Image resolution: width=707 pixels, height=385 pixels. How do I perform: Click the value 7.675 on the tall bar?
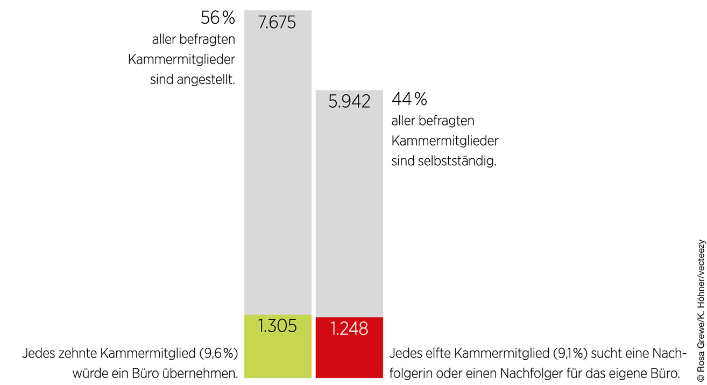coord(277,23)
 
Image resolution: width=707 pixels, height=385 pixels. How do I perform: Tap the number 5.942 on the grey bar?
coord(349,101)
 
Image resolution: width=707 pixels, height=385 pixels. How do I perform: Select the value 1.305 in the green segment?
coord(277,326)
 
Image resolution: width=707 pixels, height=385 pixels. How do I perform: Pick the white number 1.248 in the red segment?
coord(349,328)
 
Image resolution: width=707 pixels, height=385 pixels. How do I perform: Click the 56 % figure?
coord(218,18)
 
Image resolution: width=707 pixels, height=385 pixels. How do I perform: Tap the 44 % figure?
coord(409,99)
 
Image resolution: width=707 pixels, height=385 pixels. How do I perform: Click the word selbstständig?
coord(456,161)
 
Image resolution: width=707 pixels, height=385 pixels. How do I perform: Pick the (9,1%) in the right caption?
coord(543,354)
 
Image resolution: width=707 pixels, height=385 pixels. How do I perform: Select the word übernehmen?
coord(207,373)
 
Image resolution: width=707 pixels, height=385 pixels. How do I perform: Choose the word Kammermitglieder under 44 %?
coord(445,141)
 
